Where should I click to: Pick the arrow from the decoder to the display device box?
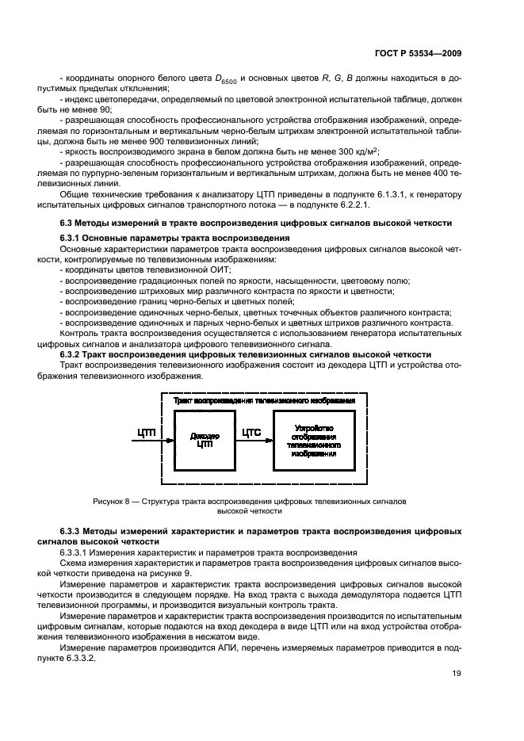[x=253, y=441]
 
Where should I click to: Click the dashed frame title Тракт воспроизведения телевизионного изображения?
[x=270, y=401]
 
